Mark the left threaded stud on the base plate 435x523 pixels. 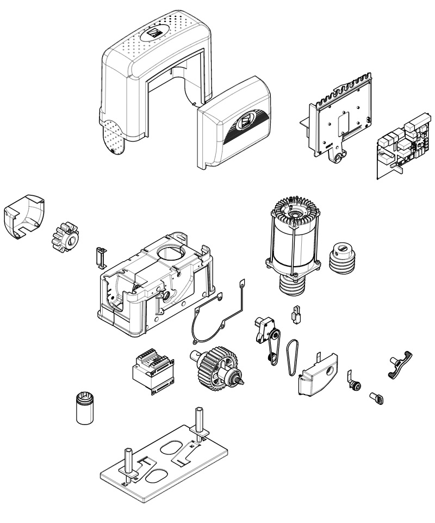point(129,462)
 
